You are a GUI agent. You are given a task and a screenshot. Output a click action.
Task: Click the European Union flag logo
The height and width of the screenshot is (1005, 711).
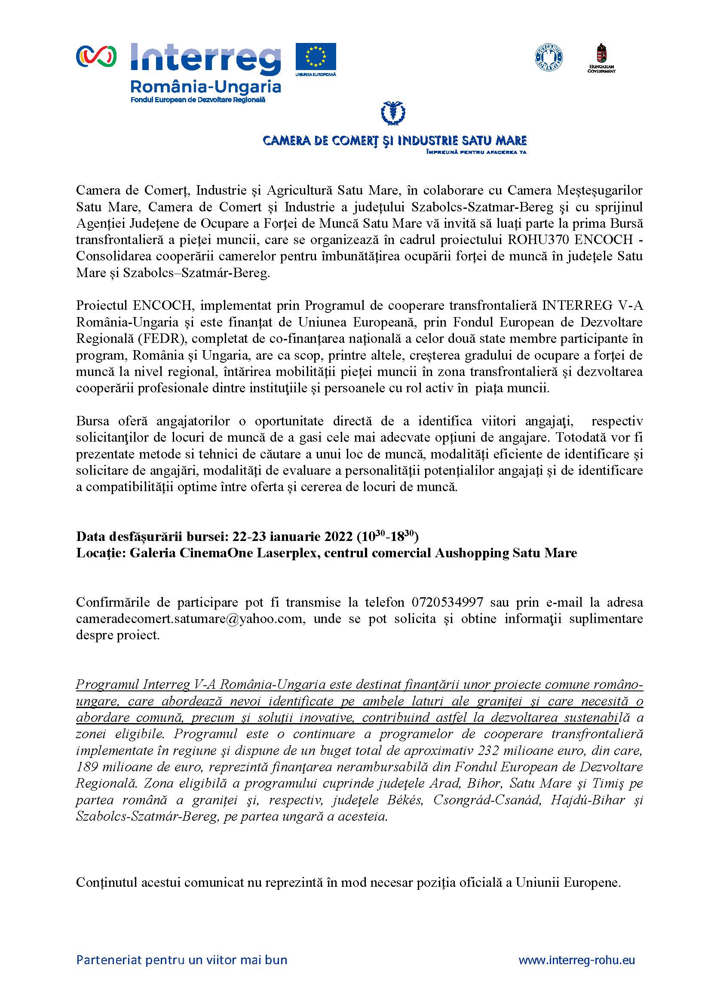tap(315, 57)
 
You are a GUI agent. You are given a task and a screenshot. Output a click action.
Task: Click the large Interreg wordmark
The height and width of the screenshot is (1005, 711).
tap(205, 58)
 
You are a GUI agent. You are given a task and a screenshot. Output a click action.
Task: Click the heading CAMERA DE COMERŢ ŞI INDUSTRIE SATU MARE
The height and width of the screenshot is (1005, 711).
tap(394, 141)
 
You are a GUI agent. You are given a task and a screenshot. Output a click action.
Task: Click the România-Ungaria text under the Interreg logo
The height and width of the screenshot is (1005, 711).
tap(206, 86)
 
